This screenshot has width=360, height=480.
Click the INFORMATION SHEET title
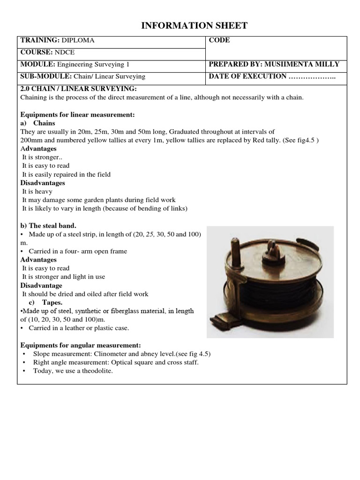point(194,26)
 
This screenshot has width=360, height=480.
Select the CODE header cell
point(219,40)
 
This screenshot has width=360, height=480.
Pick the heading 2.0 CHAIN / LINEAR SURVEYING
point(79,89)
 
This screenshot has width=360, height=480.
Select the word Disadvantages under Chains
point(43,183)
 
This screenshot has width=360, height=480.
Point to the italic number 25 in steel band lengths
point(150,234)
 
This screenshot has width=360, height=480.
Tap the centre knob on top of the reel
point(271,247)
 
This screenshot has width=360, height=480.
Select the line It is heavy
point(37,191)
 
